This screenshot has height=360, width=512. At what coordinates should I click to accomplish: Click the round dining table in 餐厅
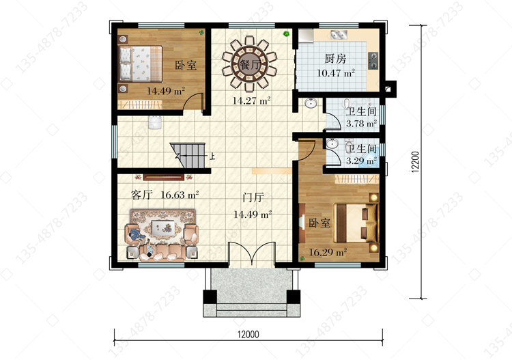point(250,64)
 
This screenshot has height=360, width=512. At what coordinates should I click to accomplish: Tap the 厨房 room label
point(335,59)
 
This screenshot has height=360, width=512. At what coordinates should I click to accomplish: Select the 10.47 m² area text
point(336,73)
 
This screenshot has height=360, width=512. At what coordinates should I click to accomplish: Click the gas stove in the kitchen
point(373,61)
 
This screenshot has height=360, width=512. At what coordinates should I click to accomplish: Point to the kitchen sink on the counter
point(339,35)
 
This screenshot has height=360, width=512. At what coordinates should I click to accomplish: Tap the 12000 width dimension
point(248,334)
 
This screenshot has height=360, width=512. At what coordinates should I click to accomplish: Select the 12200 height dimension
point(415,162)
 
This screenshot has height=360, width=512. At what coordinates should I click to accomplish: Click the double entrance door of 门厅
point(252,253)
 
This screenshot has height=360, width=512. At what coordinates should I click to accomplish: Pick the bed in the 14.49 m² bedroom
point(141,64)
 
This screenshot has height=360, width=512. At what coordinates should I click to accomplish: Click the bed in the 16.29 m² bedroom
point(355,223)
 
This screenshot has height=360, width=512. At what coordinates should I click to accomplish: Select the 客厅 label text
point(142,195)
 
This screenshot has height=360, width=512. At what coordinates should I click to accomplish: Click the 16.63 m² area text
point(180,195)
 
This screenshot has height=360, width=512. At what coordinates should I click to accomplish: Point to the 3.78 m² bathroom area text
point(361,124)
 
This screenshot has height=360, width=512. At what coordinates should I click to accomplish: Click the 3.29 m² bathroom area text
point(361,161)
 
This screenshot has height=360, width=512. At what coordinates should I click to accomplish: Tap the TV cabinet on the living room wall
point(164,177)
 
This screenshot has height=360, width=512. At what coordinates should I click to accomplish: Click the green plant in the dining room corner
point(286,33)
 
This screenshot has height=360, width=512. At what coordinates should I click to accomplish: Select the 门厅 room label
point(253,197)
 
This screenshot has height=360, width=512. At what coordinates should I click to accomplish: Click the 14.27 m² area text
point(251,100)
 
